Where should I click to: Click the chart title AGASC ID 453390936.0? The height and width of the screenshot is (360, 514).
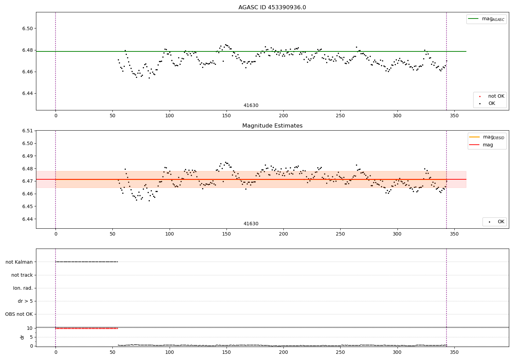pyautogui.click(x=272, y=7)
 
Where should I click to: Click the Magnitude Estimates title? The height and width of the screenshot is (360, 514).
pyautogui.click(x=272, y=125)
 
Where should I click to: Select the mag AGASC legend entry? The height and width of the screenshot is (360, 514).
pyautogui.click(x=486, y=19)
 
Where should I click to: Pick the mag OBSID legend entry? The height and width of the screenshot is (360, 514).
pyautogui.click(x=487, y=137)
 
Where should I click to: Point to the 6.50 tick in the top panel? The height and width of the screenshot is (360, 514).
pyautogui.click(x=27, y=28)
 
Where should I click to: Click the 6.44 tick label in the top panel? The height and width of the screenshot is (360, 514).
pyautogui.click(x=27, y=94)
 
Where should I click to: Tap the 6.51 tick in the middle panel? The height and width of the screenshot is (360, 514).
pyautogui.click(x=27, y=131)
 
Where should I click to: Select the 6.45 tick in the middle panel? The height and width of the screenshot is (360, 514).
pyautogui.click(x=27, y=206)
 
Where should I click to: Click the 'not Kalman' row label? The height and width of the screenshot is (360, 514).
pyautogui.click(x=19, y=262)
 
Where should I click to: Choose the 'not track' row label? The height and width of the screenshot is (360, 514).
pyautogui.click(x=22, y=275)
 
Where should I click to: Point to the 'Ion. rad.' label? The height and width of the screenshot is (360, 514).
pyautogui.click(x=23, y=288)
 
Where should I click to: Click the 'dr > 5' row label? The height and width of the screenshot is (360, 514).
pyautogui.click(x=25, y=301)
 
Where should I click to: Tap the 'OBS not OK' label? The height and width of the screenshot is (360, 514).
pyautogui.click(x=19, y=314)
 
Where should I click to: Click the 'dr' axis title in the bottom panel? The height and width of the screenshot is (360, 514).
pyautogui.click(x=22, y=337)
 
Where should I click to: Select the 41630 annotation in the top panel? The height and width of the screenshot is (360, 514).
pyautogui.click(x=251, y=105)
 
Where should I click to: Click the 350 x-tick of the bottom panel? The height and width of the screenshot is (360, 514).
pyautogui.click(x=454, y=352)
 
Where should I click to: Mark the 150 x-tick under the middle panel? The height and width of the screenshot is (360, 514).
pyautogui.click(x=227, y=234)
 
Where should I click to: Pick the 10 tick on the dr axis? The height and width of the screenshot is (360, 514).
pyautogui.click(x=30, y=328)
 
